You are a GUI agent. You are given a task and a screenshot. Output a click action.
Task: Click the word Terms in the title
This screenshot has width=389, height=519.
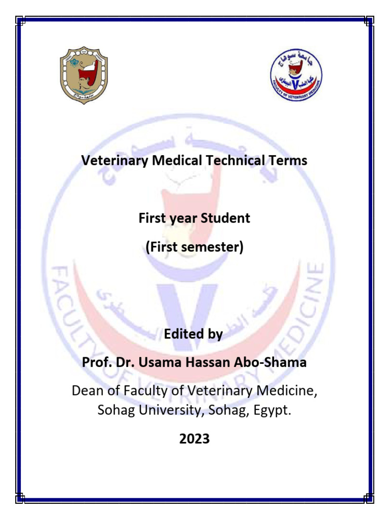click(288, 161)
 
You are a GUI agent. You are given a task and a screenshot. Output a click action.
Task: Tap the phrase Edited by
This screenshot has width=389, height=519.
click(194, 335)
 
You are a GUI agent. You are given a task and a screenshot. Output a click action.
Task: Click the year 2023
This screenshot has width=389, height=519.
click(194, 439)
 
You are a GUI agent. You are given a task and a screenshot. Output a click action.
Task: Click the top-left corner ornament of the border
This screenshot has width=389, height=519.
click(20, 21)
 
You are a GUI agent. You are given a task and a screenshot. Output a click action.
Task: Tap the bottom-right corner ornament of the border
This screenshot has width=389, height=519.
click(369, 498)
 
